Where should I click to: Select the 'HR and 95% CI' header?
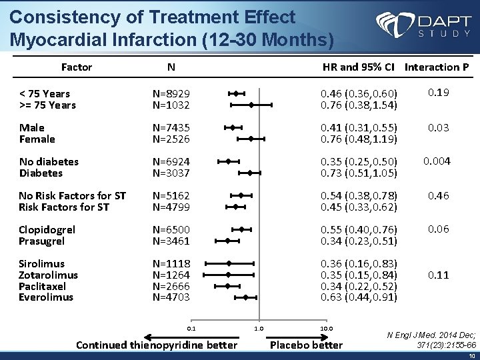[359, 67]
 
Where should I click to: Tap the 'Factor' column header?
[76, 67]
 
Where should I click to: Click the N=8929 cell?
[171, 93]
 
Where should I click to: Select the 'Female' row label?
[37, 139]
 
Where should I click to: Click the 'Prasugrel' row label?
[41, 241]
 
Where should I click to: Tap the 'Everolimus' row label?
[46, 297]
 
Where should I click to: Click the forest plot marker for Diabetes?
[250, 173]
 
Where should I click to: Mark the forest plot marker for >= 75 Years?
[251, 105]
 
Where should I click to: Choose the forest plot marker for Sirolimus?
[229, 263]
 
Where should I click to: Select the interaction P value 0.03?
[438, 127]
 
